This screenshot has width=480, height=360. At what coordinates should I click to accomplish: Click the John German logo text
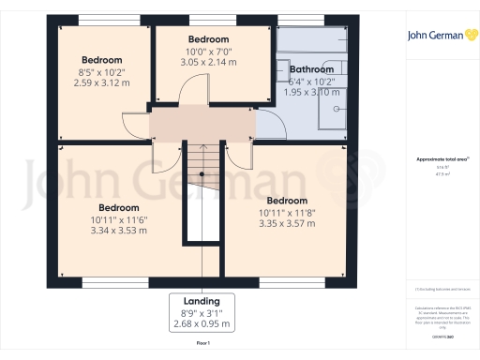coord(429,37)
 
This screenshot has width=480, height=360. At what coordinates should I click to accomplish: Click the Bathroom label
coord(310,69)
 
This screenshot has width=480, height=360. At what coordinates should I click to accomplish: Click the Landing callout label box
coord(202,312)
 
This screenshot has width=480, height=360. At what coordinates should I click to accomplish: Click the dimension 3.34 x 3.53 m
coord(119,230)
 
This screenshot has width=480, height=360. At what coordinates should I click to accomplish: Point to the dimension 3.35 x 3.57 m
coord(286,223)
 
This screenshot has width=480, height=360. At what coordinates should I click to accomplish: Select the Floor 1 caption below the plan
coord(202,345)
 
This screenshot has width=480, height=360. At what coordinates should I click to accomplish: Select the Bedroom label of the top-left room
coord(101,56)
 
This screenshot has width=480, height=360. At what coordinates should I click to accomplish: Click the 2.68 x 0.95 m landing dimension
coord(202,324)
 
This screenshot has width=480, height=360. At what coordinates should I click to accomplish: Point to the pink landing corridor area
coord(202,124)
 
